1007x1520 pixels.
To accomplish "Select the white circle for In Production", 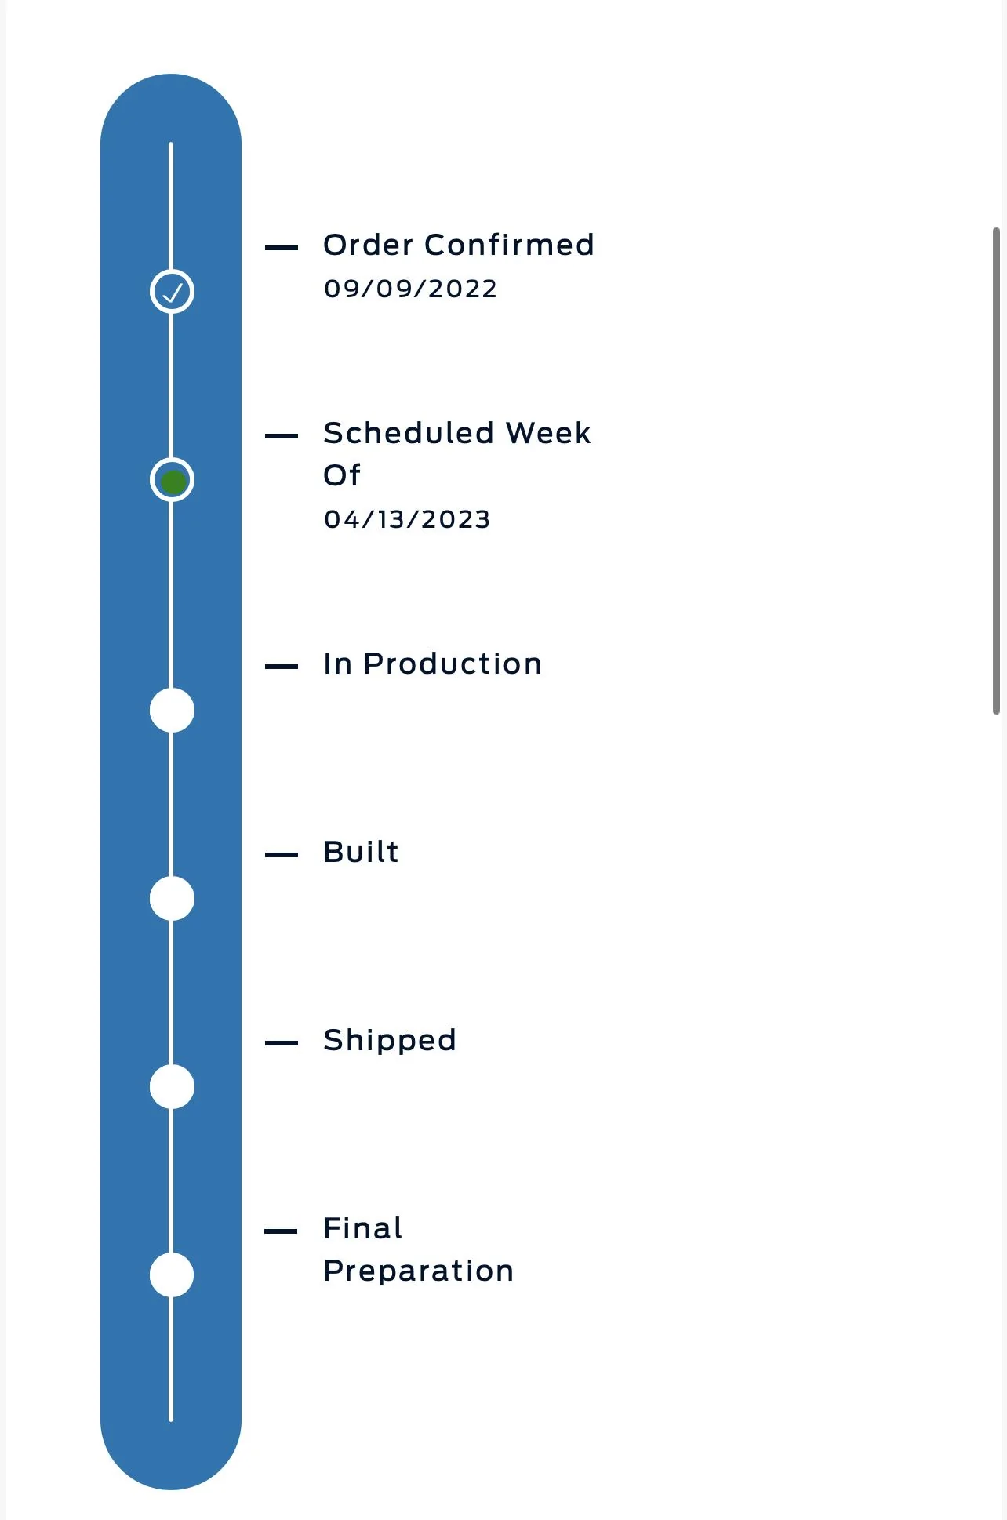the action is tap(172, 711).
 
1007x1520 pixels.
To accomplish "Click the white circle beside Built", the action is tap(172, 899).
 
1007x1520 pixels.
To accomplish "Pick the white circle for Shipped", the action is tap(172, 1087).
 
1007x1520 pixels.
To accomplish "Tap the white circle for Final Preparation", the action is tap(172, 1275).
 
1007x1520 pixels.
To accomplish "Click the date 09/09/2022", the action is tap(410, 289).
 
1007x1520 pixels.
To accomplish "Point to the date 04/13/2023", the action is tap(407, 519).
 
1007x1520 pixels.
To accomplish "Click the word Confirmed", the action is tap(509, 245).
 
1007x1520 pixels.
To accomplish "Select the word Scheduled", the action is tap(409, 433).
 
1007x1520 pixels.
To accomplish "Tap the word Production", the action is tap(453, 664).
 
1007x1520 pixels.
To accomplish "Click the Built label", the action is tap(361, 852).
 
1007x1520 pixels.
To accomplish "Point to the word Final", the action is tap(363, 1228).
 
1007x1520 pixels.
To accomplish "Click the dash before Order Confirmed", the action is tap(282, 248).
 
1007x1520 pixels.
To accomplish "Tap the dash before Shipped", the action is tap(282, 1043).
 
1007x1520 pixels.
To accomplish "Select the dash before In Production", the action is tap(282, 667).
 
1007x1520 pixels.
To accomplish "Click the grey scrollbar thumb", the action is tap(996, 471).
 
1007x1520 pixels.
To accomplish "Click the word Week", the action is tap(548, 433).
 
